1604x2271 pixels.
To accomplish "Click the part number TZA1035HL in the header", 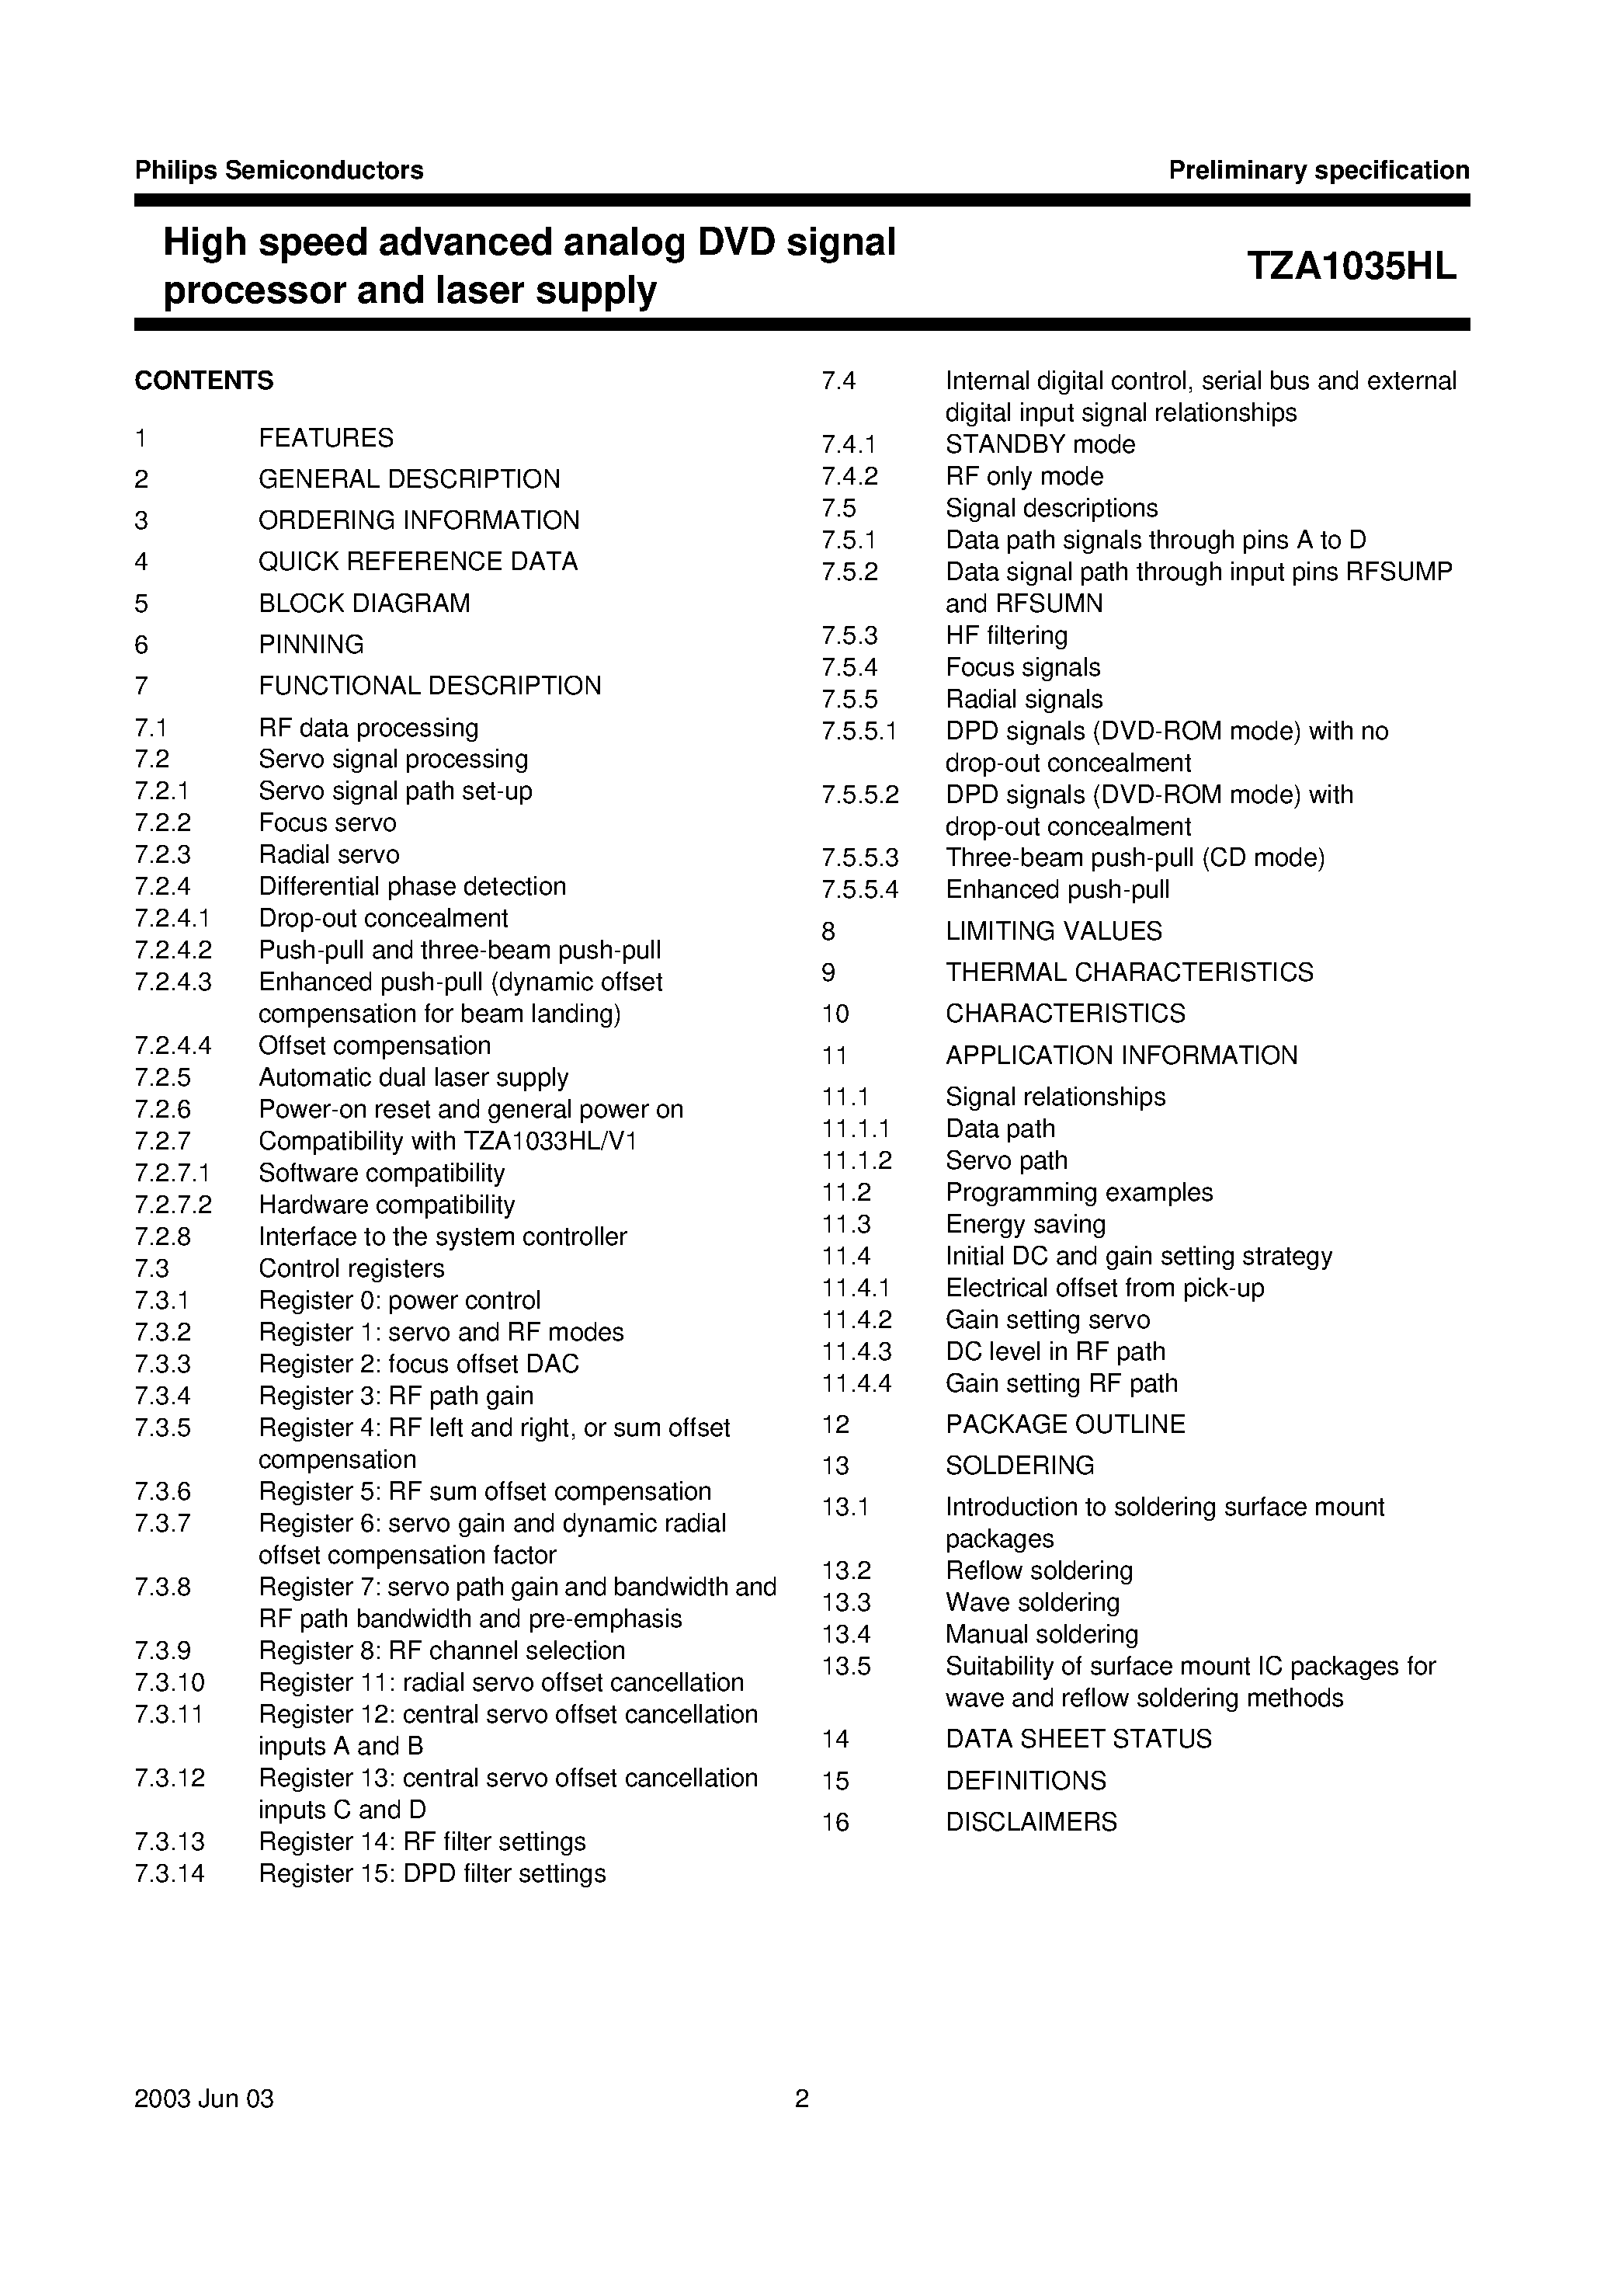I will click(1351, 267).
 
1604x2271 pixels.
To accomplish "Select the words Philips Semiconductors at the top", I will click(279, 170).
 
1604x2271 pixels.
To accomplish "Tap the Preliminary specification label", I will click(1318, 170).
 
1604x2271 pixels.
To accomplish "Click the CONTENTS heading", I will click(203, 381).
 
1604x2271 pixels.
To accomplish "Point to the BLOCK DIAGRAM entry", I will click(364, 603).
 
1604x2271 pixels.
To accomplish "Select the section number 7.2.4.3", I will click(173, 982).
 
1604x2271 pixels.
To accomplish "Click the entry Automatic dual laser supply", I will click(413, 1077).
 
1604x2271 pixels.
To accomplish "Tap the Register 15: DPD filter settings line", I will click(432, 1873).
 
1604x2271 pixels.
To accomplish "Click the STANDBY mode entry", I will click(1040, 444).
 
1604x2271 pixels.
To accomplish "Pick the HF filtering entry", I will click(1007, 635).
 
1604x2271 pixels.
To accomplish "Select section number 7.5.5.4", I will click(859, 889).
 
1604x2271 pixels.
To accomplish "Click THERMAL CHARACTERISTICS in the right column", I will click(1130, 972).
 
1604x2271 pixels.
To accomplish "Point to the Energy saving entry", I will click(1026, 1225).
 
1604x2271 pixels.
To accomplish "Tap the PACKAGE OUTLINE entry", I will click(1065, 1424).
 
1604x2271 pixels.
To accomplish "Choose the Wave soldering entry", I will click(1033, 1602).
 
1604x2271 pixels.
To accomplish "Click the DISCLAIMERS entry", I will click(1032, 1822).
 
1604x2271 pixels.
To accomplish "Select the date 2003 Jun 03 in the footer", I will click(203, 2099).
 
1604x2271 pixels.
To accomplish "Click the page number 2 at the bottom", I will click(802, 2099).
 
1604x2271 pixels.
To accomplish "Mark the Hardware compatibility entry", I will click(387, 1205).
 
